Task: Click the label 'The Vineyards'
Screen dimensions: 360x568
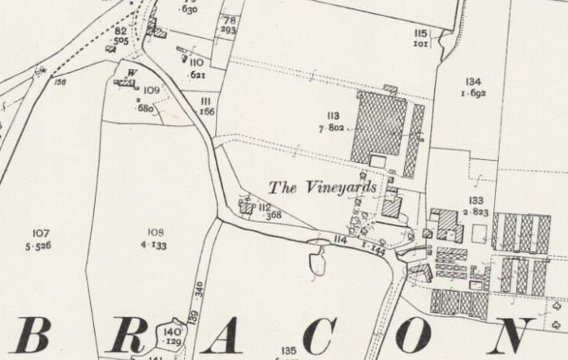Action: point(323,188)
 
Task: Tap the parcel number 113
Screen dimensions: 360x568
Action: point(333,115)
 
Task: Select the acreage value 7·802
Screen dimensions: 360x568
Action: point(333,128)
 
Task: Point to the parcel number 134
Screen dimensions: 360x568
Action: point(474,82)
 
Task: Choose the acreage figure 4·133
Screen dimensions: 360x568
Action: point(153,245)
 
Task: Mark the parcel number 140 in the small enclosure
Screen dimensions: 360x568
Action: point(172,332)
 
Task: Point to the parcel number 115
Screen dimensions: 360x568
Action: point(420,33)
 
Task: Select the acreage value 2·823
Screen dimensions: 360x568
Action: point(475,212)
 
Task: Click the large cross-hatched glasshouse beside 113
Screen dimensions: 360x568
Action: point(379,125)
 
